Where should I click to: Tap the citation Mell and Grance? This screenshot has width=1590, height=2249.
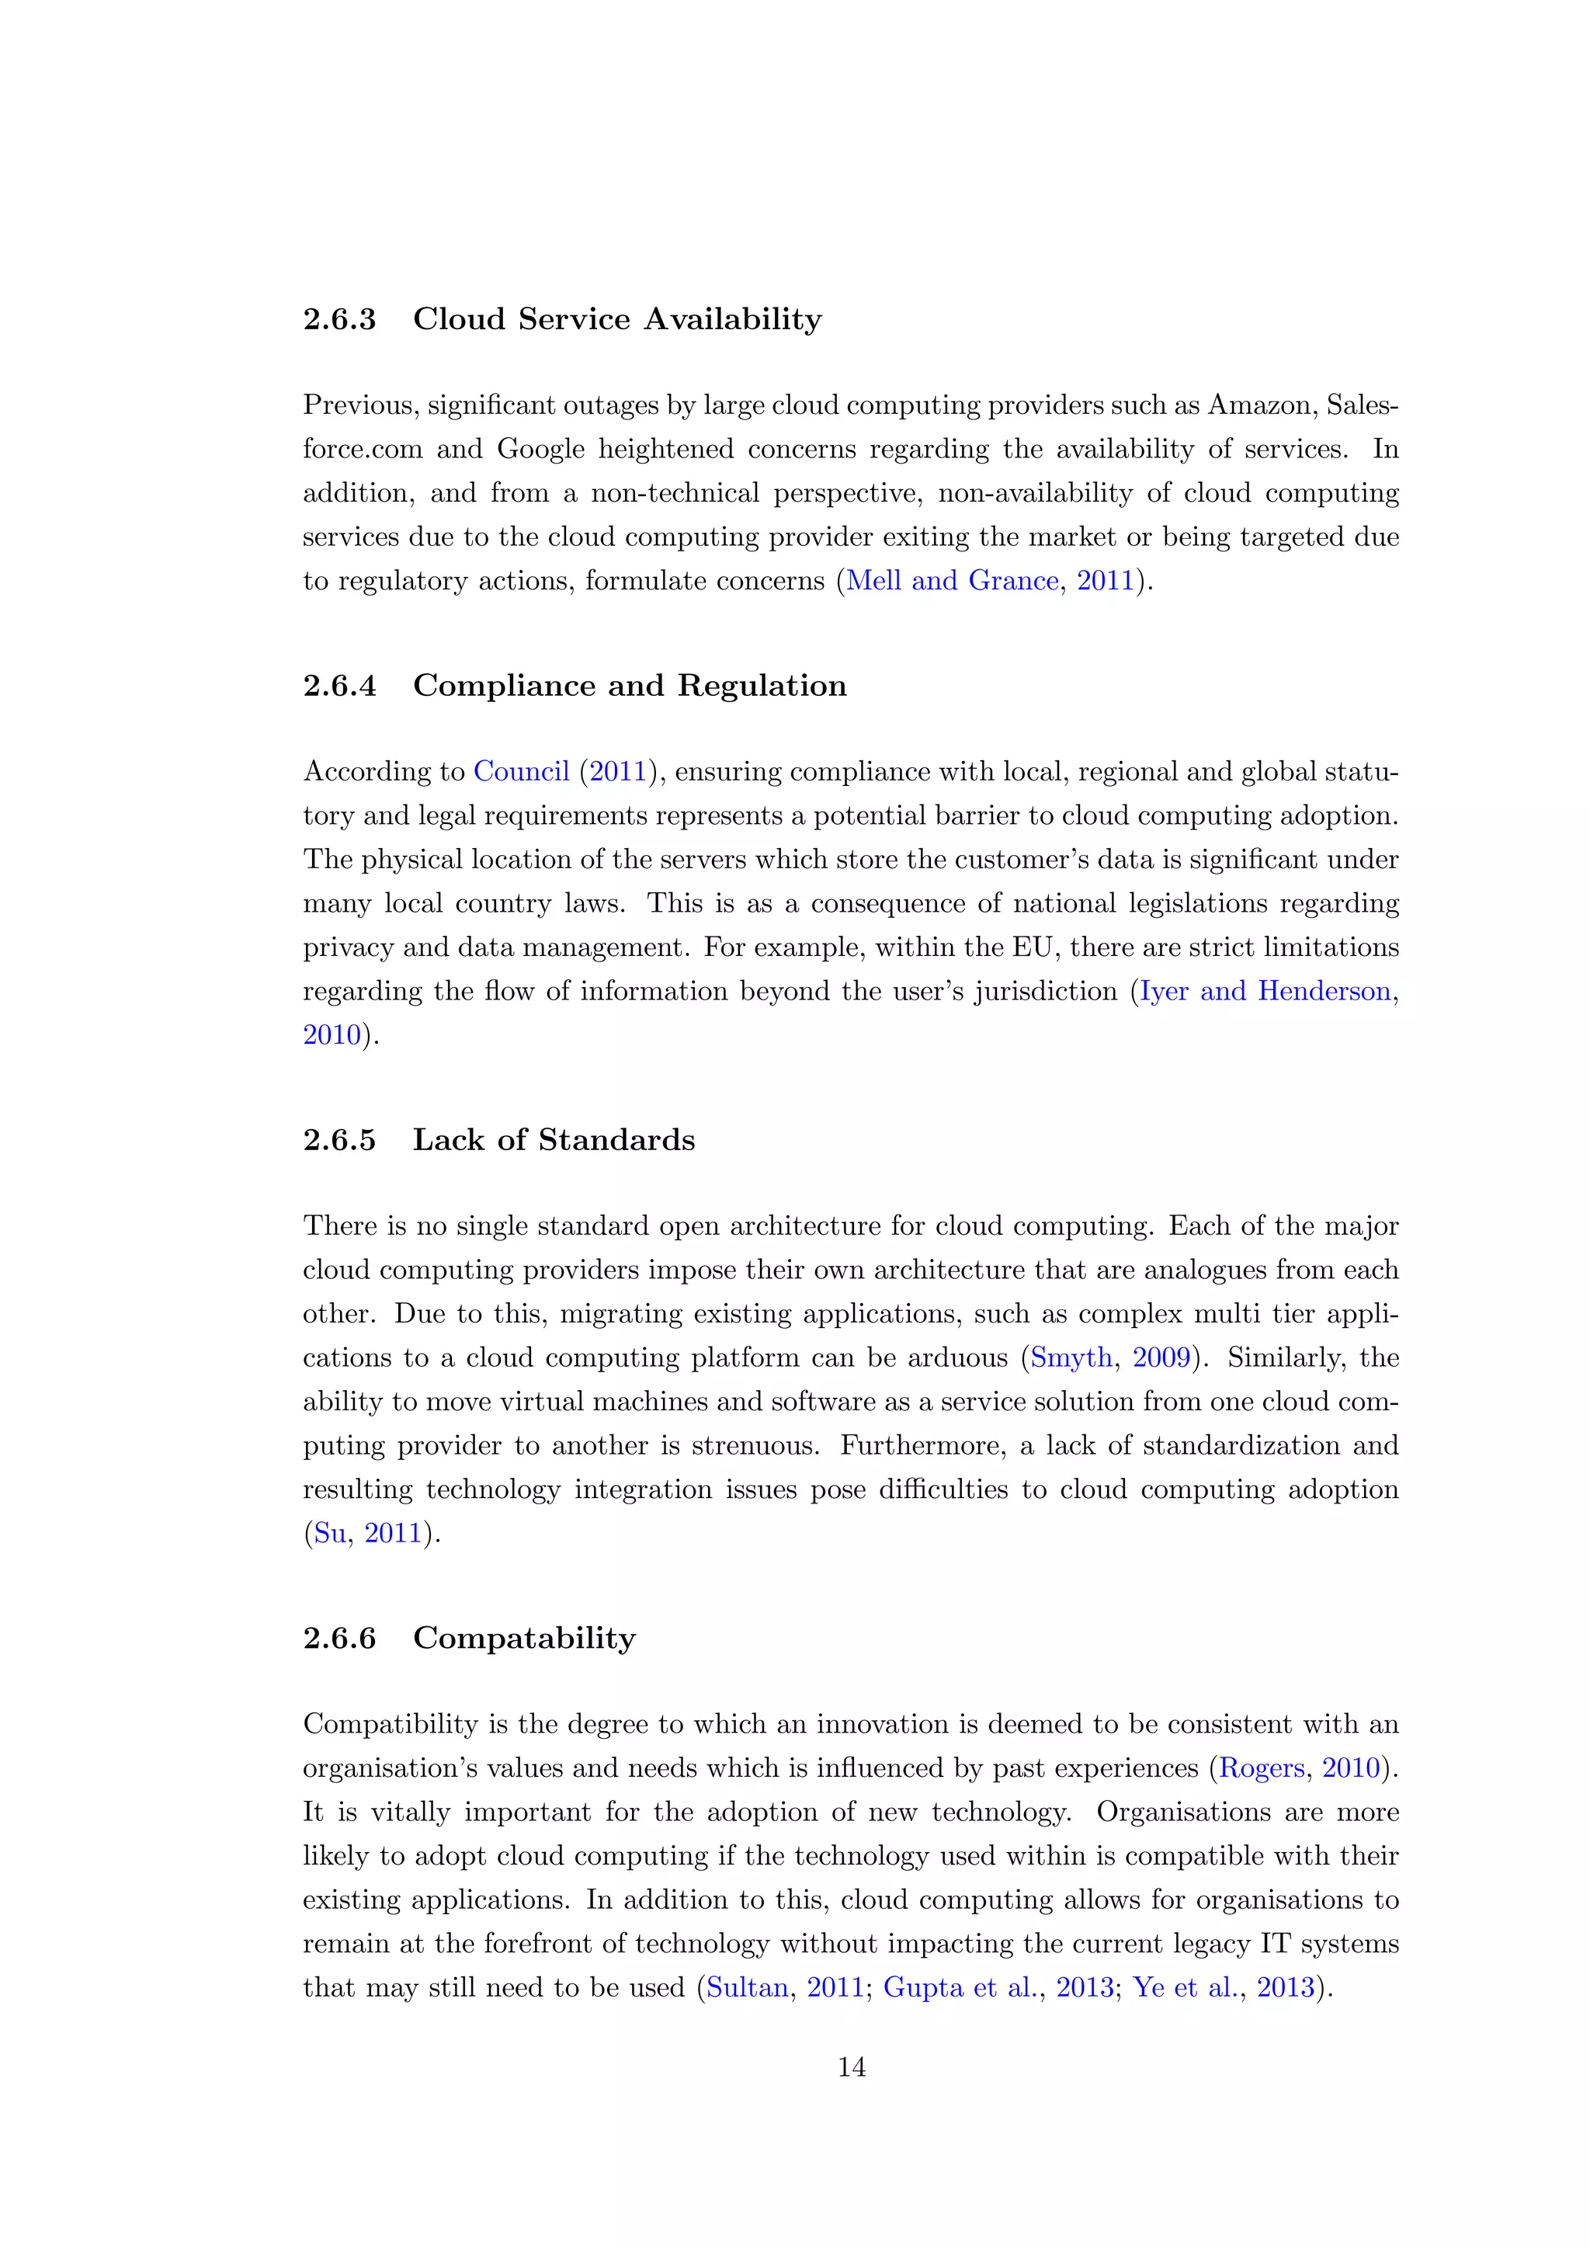[x=952, y=581]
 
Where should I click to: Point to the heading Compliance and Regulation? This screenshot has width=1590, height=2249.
[x=630, y=686]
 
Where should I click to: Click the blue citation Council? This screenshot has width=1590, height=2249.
[x=521, y=772]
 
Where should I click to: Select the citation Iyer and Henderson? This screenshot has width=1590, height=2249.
[x=1265, y=991]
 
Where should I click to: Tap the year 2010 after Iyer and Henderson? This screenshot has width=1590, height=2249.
[x=332, y=1035]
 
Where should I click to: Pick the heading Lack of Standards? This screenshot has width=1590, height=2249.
[x=554, y=1140]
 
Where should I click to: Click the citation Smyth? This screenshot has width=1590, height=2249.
[x=1071, y=1357]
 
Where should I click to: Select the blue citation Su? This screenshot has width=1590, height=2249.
[x=330, y=1534]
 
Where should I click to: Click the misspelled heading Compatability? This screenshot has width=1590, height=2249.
[x=524, y=1639]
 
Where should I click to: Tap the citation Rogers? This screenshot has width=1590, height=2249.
[x=1261, y=1769]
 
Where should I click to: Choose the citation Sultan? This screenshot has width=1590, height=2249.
[x=747, y=1988]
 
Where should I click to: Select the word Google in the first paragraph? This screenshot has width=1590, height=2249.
[x=540, y=450]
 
